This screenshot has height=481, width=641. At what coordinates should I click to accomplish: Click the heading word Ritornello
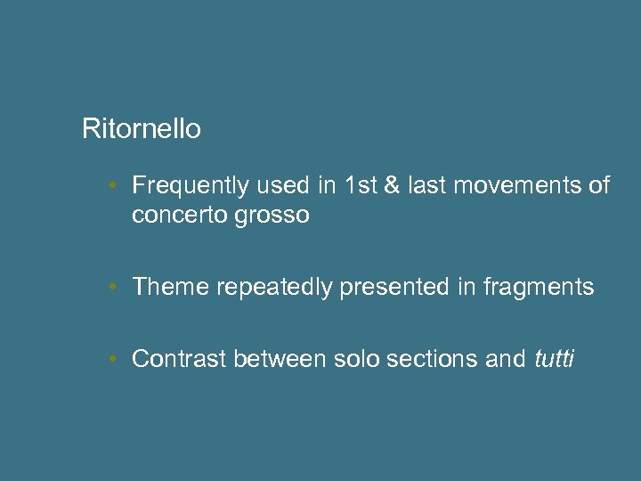click(x=141, y=129)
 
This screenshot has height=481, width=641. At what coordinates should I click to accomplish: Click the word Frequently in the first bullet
click(x=191, y=185)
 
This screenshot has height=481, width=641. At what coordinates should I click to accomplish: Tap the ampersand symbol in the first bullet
click(x=390, y=185)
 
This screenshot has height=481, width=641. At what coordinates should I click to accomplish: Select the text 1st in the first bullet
click(x=361, y=185)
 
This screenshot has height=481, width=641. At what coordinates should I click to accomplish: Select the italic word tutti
click(x=555, y=359)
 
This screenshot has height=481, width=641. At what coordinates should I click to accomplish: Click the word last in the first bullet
click(x=426, y=185)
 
